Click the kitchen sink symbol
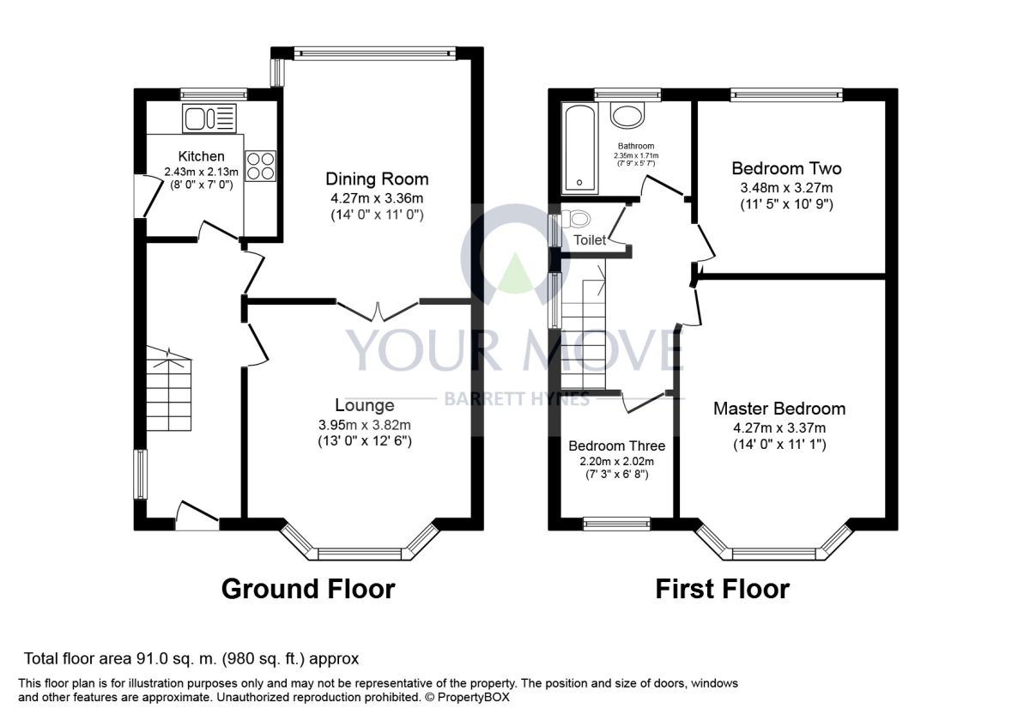click(x=209, y=118)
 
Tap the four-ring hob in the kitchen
click(x=261, y=166)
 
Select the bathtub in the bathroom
click(x=579, y=148)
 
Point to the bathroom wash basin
click(x=627, y=114)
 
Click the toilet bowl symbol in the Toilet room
click(x=575, y=219)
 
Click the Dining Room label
click(x=377, y=179)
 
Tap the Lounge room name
click(x=365, y=405)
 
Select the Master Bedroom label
click(x=779, y=409)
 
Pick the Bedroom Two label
click(x=787, y=168)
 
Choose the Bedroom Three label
click(x=616, y=445)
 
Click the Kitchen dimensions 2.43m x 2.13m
click(x=202, y=172)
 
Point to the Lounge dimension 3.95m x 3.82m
click(x=365, y=425)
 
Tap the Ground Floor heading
click(x=308, y=589)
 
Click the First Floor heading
click(x=723, y=589)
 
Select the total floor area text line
click(x=191, y=659)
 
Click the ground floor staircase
click(x=169, y=390)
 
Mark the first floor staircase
click(x=583, y=327)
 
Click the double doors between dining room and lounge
click(x=378, y=312)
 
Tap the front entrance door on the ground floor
click(x=197, y=516)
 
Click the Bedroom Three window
click(x=616, y=524)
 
